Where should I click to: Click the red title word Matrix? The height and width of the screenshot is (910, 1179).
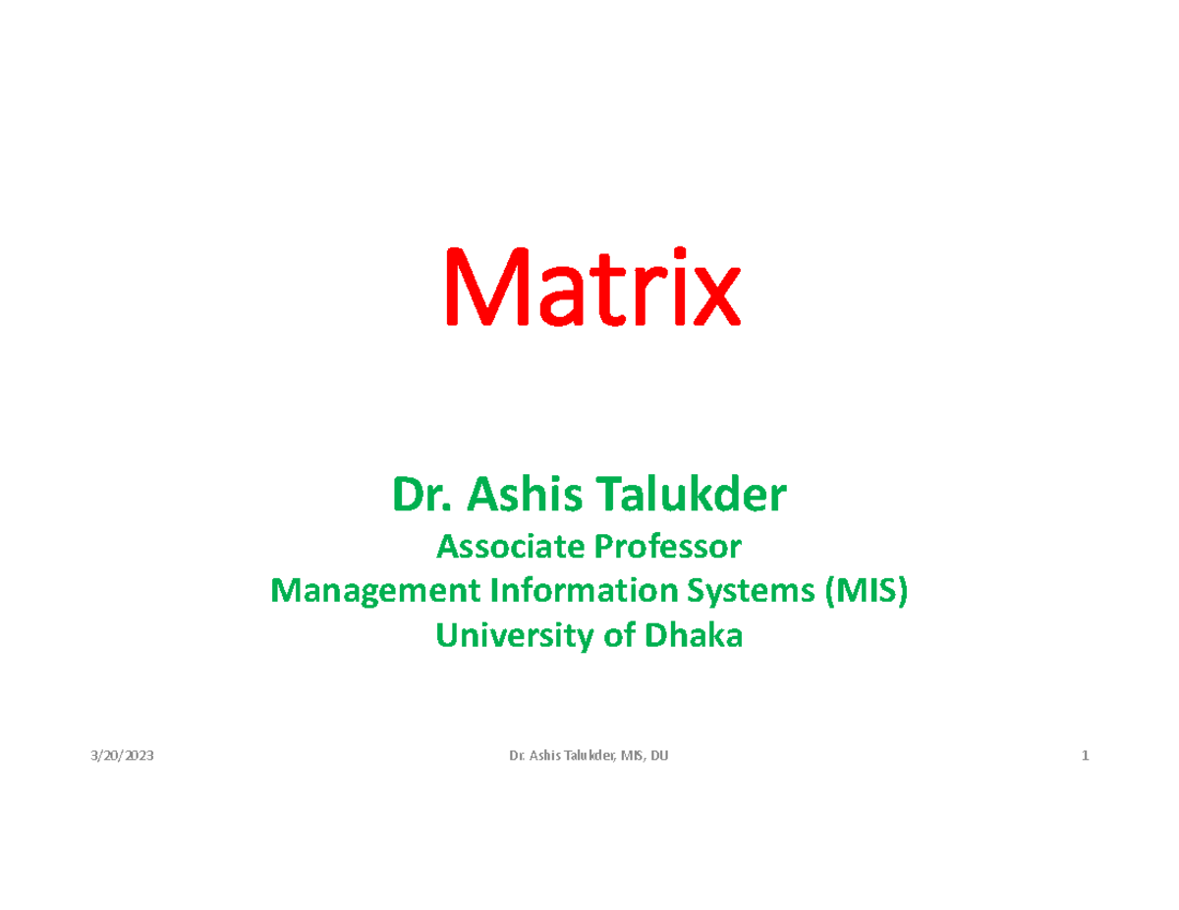(x=591, y=287)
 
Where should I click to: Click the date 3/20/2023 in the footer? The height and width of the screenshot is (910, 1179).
(x=121, y=756)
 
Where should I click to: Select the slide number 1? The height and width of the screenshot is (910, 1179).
(x=1085, y=756)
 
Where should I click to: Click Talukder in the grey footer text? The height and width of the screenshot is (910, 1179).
(x=587, y=756)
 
